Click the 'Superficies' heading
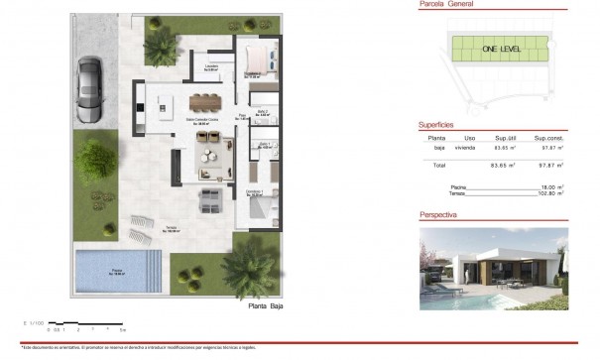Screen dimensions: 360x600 pos(437,126)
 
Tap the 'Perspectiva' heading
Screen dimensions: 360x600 pos(438,213)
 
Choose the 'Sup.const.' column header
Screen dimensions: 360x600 pos(548,139)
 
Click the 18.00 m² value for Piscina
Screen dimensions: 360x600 pos(549,186)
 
